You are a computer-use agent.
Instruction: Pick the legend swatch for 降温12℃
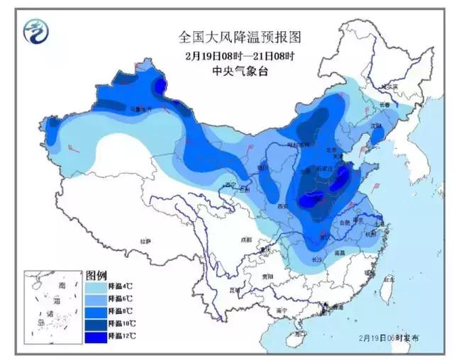coord(96,333)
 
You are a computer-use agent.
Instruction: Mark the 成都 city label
coord(246,240)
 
